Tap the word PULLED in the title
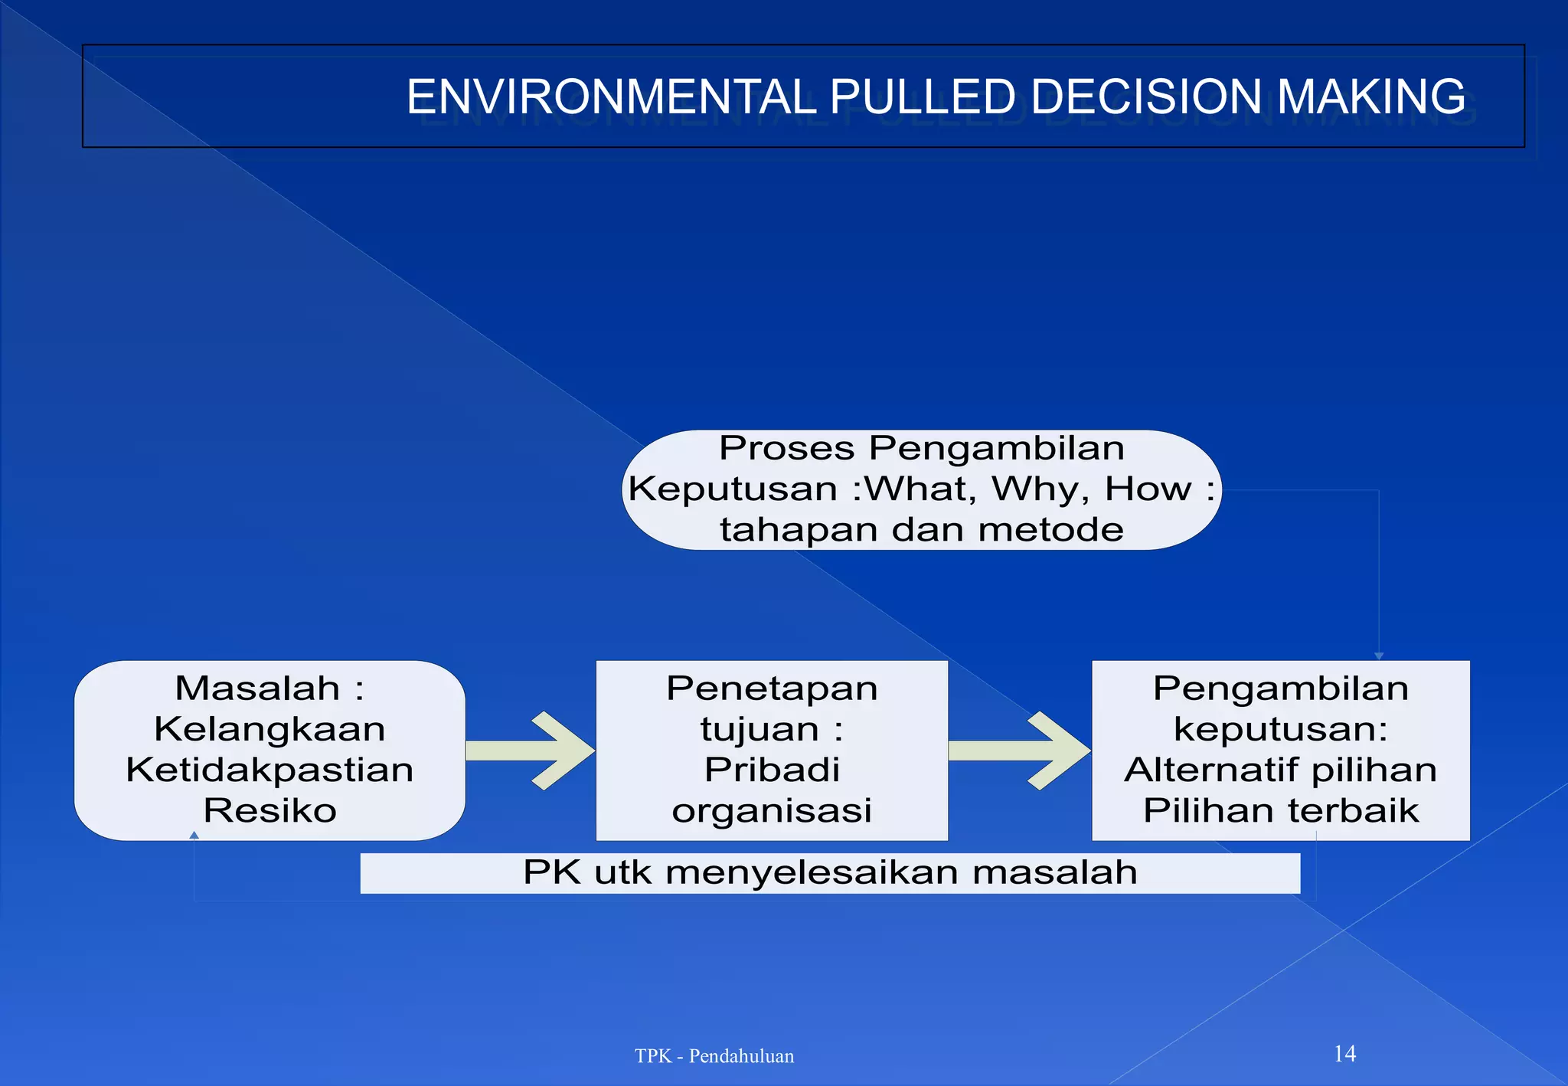point(923,97)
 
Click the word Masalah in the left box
point(257,688)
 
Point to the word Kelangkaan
point(269,728)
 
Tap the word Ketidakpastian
point(269,770)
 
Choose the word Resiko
point(269,810)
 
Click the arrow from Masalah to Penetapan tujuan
point(531,751)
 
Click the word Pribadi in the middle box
point(772,770)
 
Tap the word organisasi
point(772,810)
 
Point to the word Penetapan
point(772,688)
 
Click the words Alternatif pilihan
point(1280,770)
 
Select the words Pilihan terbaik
point(1280,810)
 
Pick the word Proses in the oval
point(786,448)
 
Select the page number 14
point(1344,1054)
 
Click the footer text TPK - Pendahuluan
point(714,1056)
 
